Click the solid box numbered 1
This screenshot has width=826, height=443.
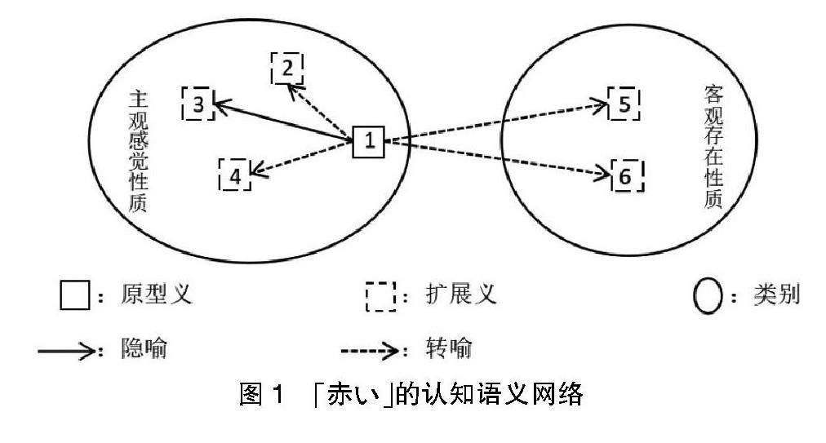pos(368,142)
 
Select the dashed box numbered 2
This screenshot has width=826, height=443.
pos(286,69)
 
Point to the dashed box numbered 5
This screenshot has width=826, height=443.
pos(624,104)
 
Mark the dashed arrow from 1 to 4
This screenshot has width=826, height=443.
pos(301,157)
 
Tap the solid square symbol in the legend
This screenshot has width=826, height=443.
pos(73,295)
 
